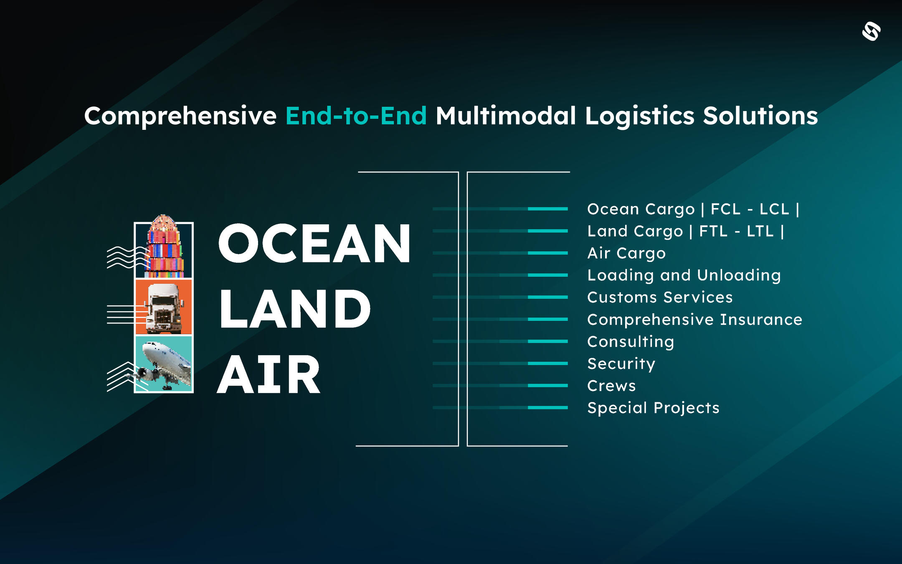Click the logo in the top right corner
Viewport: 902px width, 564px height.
(x=872, y=31)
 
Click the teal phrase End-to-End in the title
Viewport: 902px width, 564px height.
(x=356, y=116)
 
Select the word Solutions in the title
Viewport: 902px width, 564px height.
(x=760, y=116)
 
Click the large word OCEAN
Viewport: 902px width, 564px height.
(x=314, y=243)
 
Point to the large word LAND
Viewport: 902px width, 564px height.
(x=295, y=309)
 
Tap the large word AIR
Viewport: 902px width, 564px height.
(x=269, y=374)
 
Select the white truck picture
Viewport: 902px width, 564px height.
(x=164, y=307)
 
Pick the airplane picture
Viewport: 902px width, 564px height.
(x=164, y=363)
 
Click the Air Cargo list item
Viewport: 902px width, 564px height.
(x=626, y=254)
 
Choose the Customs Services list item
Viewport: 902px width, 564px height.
(x=660, y=297)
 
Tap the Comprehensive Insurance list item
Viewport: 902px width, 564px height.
(x=694, y=320)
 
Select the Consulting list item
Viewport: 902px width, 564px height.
(x=631, y=342)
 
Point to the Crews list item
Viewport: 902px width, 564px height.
(x=611, y=386)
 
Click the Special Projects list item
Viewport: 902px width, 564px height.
(x=653, y=408)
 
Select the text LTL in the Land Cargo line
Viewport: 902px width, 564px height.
(x=760, y=231)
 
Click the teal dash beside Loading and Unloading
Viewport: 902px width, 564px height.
(x=548, y=275)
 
